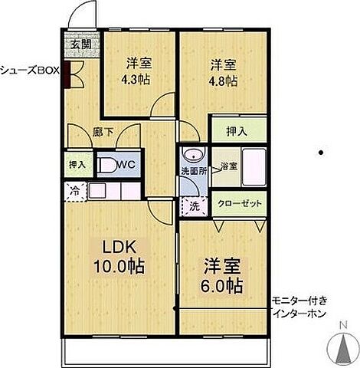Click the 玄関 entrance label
(x=81, y=44)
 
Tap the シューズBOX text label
(x=30, y=71)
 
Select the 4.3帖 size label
(x=136, y=80)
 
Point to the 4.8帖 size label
(x=223, y=81)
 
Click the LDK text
(x=119, y=247)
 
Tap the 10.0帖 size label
(x=119, y=267)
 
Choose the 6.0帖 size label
(x=221, y=286)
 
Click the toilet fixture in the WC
(x=106, y=165)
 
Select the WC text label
(x=126, y=164)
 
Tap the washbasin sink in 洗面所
(x=194, y=156)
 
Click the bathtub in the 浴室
(x=254, y=168)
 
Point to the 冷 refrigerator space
(x=75, y=192)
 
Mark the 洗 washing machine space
(x=195, y=206)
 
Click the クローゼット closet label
(x=240, y=204)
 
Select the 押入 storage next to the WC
(x=78, y=164)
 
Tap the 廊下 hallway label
(x=103, y=133)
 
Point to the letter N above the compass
(x=344, y=326)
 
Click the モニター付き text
(x=299, y=301)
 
